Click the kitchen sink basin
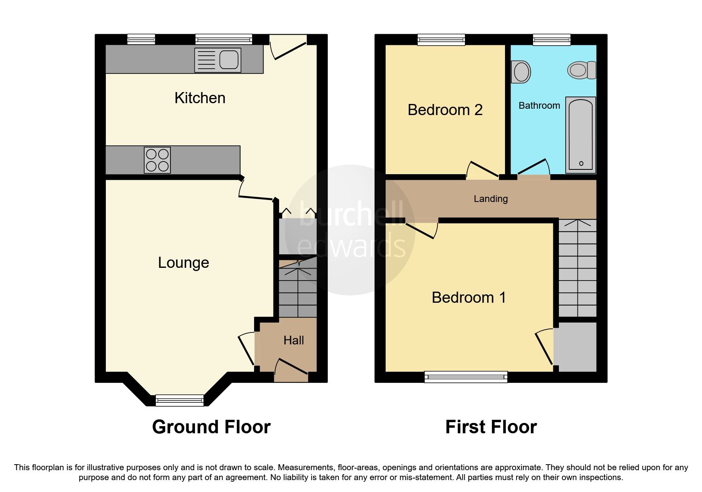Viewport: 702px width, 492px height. (x=229, y=60)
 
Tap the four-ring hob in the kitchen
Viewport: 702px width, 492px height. (x=157, y=160)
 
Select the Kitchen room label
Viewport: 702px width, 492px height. (x=200, y=98)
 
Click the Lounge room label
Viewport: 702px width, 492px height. (x=183, y=263)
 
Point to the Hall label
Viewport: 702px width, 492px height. (x=293, y=340)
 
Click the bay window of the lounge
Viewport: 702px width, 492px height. (x=180, y=400)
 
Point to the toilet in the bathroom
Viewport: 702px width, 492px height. (x=581, y=71)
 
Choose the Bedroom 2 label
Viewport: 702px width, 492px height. (x=445, y=110)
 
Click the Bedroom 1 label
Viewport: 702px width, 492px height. (x=469, y=298)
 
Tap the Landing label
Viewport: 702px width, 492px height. (x=490, y=199)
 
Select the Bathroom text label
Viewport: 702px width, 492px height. (x=539, y=106)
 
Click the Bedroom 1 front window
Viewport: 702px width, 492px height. (x=466, y=377)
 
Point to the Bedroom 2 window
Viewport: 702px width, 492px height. (x=441, y=39)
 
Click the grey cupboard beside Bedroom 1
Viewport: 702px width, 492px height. (x=577, y=347)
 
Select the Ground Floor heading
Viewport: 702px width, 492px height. (x=211, y=427)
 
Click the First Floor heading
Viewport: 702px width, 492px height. (x=491, y=427)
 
